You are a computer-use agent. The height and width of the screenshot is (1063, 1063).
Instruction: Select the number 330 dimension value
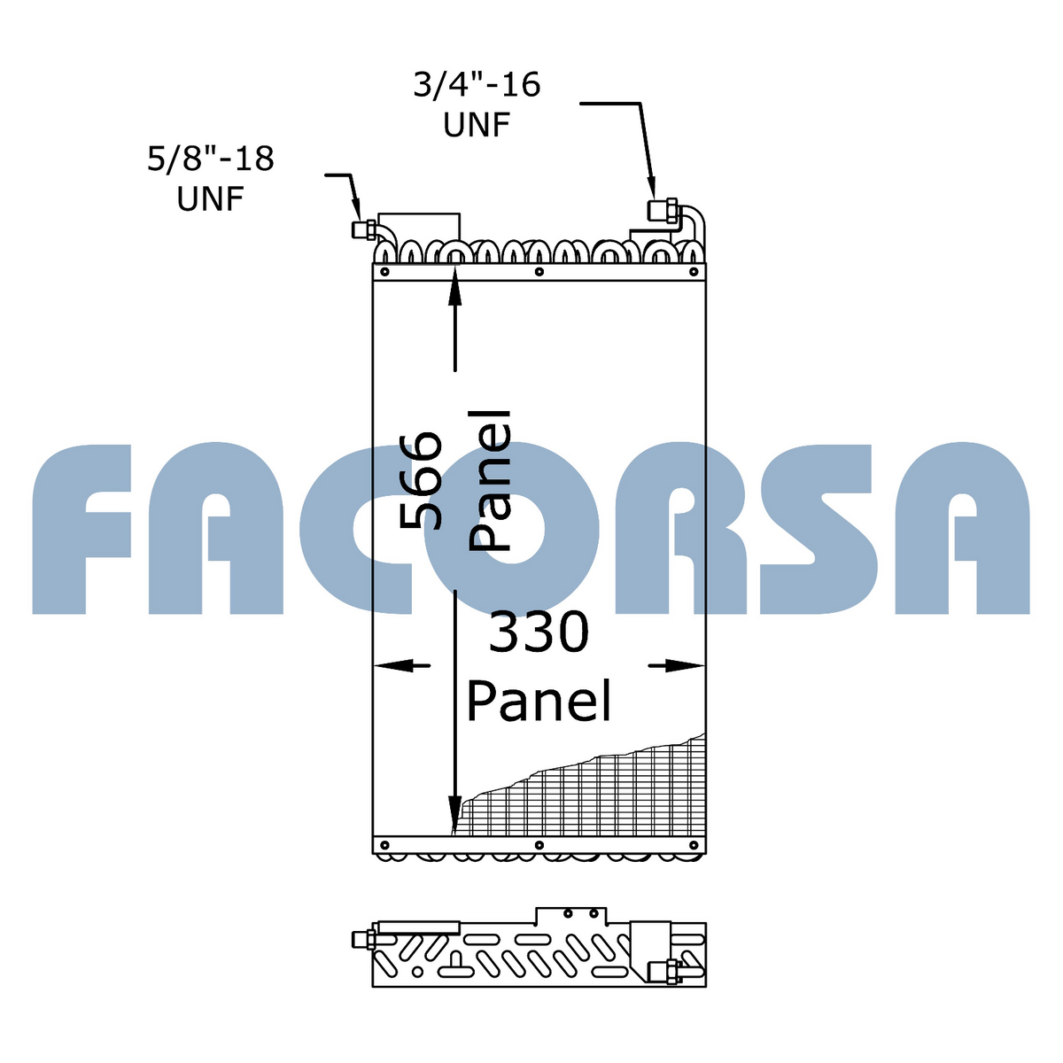pyautogui.click(x=539, y=632)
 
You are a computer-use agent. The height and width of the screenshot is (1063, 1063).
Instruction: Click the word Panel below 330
pyautogui.click(x=539, y=701)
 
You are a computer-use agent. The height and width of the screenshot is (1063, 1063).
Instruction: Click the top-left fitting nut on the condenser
pyautogui.click(x=363, y=229)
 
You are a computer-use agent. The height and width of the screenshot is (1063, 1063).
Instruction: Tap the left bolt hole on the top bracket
pyautogui.click(x=384, y=272)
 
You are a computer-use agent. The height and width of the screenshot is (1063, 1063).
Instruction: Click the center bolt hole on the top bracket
pyautogui.click(x=539, y=272)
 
